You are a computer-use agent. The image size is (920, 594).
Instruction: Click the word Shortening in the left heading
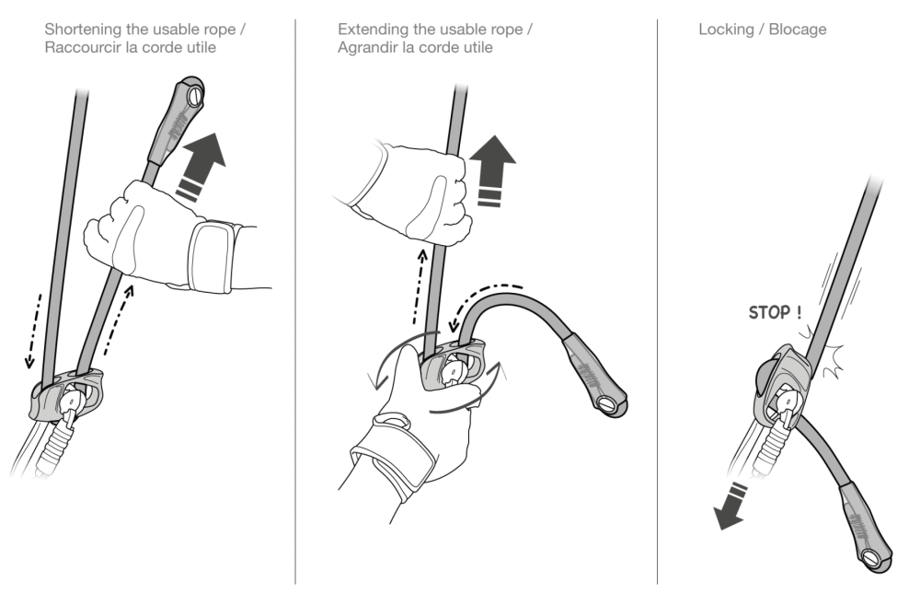pos(82,29)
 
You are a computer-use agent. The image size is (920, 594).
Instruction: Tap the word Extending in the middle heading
pos(370,29)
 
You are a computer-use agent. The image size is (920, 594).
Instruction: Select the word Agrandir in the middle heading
pos(368,47)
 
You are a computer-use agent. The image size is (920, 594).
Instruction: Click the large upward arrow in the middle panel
pos(491,170)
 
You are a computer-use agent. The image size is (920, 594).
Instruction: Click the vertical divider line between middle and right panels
pos(657,295)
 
